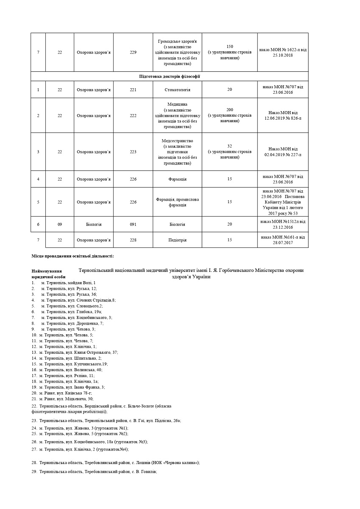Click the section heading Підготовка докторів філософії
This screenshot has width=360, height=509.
pos(170,76)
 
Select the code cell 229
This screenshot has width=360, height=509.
pos(133,53)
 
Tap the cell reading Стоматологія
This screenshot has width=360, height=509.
pos(177,90)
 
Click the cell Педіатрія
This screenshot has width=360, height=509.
pos(177,240)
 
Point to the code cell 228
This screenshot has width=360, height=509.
pos(133,240)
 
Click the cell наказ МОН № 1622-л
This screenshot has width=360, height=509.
pos(283,53)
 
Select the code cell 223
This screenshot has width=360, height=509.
pos(133,152)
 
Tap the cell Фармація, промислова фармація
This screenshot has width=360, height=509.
pos(177,202)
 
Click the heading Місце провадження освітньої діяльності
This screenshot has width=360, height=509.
pos(73,256)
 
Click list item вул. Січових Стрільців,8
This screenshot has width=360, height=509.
pos(78,300)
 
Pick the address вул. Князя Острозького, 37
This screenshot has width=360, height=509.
pos(78,352)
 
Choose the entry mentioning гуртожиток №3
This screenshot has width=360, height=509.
pos(93,442)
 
